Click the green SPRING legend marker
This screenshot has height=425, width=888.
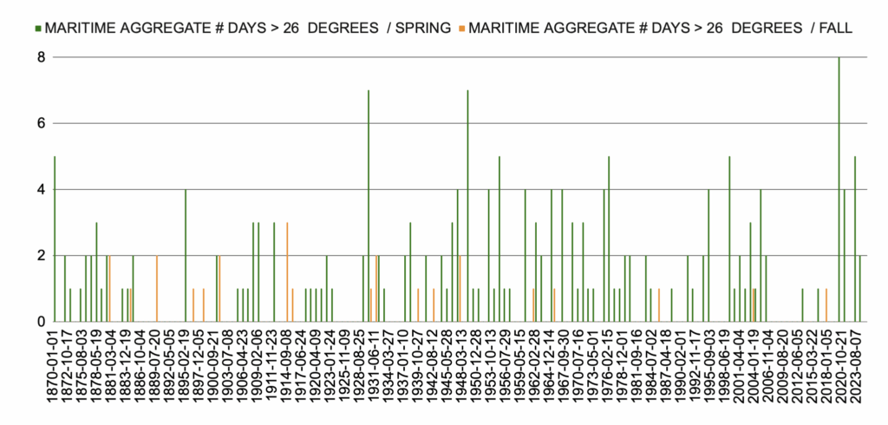pos(37,28)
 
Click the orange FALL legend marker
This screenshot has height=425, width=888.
pos(461,28)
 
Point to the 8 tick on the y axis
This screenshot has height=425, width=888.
pos(39,57)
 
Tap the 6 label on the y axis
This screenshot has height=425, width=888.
pos(39,123)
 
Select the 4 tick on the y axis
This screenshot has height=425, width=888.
pos(39,189)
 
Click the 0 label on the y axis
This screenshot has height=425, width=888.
pos(39,322)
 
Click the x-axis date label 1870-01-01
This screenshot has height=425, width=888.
pos(55,374)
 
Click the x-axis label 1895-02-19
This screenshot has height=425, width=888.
pos(186,374)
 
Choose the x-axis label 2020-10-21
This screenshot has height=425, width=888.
pos(839,374)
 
